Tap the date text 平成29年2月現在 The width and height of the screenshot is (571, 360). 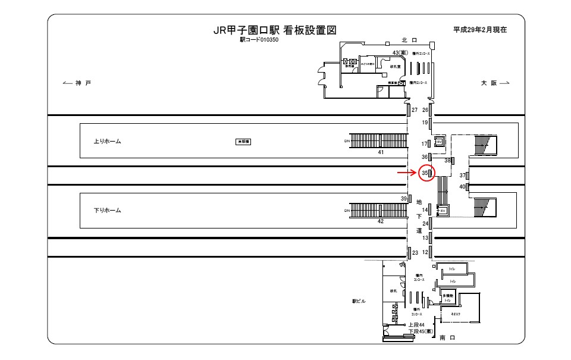tap(479, 29)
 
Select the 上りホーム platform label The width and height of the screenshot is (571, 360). tap(108, 142)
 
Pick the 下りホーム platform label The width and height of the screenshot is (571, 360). tap(108, 210)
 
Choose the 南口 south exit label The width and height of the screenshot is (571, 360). tap(447, 337)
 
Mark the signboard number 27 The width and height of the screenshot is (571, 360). tap(414, 110)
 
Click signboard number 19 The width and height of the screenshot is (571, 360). tap(425, 123)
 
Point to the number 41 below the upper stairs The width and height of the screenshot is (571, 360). tap(381, 152)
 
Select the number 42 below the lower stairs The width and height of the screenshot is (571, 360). tap(381, 221)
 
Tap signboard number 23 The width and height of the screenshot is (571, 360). tap(415, 253)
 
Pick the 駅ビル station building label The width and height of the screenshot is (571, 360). tap(359, 302)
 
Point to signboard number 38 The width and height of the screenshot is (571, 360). tap(448, 160)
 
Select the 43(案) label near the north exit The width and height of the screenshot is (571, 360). tap(399, 53)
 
